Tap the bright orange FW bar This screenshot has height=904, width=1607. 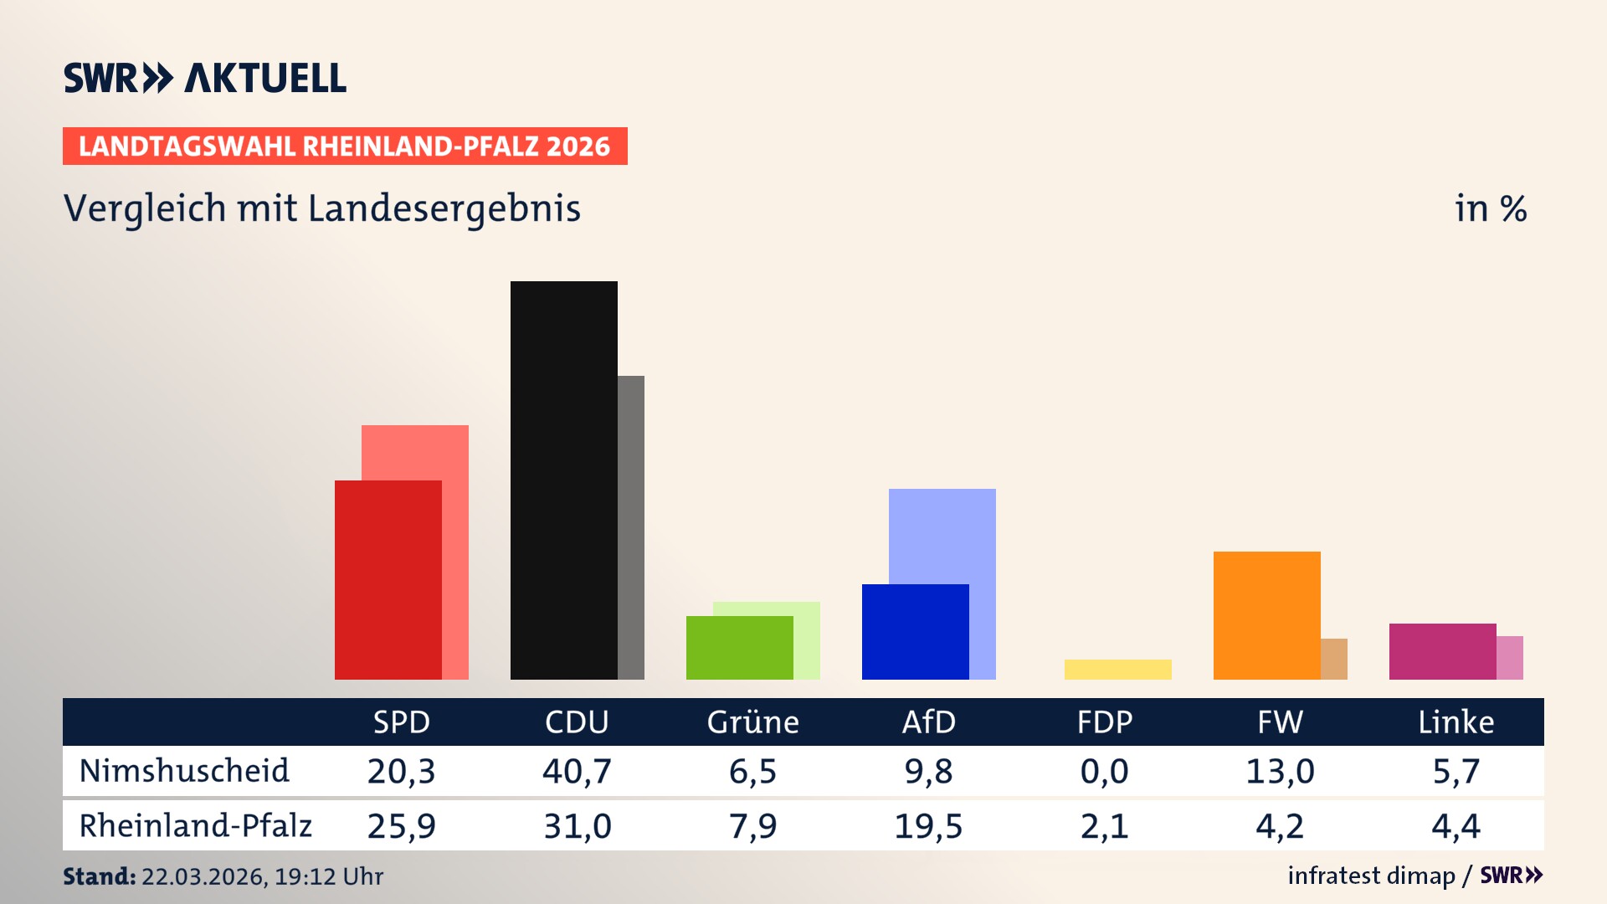click(1266, 615)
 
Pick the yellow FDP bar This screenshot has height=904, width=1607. click(1117, 669)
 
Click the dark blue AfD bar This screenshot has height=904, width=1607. click(915, 631)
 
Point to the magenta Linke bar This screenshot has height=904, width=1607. click(1442, 651)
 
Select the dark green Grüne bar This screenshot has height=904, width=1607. click(739, 647)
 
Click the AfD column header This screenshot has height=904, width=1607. click(928, 722)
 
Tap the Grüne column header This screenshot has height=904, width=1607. click(752, 722)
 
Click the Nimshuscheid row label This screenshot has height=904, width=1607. click(184, 771)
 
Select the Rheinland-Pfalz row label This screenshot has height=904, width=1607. click(195, 825)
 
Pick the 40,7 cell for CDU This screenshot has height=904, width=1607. click(577, 771)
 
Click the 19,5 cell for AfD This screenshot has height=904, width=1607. click(928, 826)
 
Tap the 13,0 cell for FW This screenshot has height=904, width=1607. click(1280, 771)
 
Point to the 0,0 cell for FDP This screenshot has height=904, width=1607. click(1104, 771)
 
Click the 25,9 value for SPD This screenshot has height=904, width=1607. click(401, 826)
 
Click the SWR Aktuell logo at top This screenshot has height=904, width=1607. click(205, 78)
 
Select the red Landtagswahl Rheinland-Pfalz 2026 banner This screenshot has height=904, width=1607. click(345, 146)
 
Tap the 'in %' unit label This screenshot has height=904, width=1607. click(1490, 209)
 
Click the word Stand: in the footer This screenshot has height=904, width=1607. click(99, 876)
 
